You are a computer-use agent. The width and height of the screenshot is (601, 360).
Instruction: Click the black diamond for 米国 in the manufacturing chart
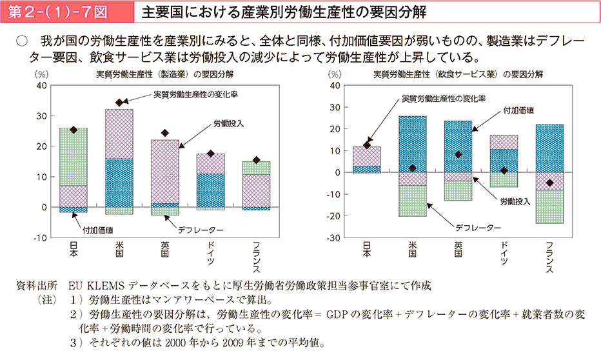119,103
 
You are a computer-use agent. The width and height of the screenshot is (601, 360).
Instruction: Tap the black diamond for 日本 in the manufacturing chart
74,130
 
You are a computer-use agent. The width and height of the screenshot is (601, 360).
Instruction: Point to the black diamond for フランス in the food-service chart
549,183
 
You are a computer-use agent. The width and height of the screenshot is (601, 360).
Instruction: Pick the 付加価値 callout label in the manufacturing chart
99,229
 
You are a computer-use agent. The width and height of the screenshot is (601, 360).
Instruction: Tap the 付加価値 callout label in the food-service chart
518,110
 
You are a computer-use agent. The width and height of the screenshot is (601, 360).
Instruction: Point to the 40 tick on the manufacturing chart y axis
41,85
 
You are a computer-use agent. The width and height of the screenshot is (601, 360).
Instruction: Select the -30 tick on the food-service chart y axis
335,238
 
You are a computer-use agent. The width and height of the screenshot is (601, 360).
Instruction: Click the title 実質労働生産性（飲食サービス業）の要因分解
458,74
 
